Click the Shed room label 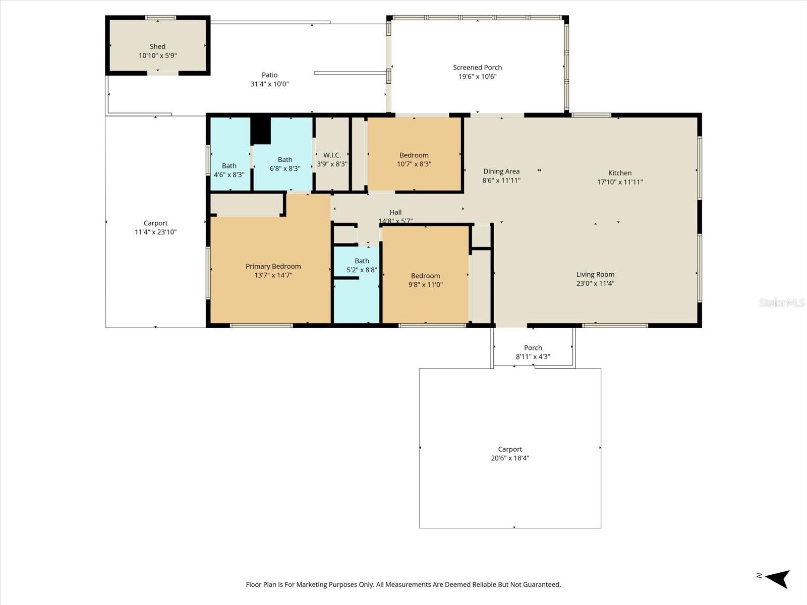pyautogui.click(x=157, y=47)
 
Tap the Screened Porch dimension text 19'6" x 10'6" pyautogui.click(x=477, y=77)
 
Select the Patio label pyautogui.click(x=269, y=75)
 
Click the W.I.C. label pyautogui.click(x=332, y=155)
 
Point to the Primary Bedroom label pyautogui.click(x=273, y=266)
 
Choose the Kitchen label pyautogui.click(x=620, y=173)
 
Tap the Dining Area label pyautogui.click(x=501, y=171)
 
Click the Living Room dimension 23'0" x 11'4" pyautogui.click(x=595, y=283)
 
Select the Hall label pyautogui.click(x=395, y=212)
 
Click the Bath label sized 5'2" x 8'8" pyautogui.click(x=362, y=261)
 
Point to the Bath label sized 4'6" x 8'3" pyautogui.click(x=229, y=166)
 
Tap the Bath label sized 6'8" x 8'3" pyautogui.click(x=285, y=160)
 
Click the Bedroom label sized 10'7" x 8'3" pyautogui.click(x=414, y=155)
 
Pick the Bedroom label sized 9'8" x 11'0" pyautogui.click(x=425, y=276)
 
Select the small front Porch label pyautogui.click(x=533, y=348)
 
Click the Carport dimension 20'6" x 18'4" pyautogui.click(x=510, y=458)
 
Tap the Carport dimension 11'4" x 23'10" pyautogui.click(x=155, y=232)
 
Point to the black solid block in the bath pyautogui.click(x=261, y=131)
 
